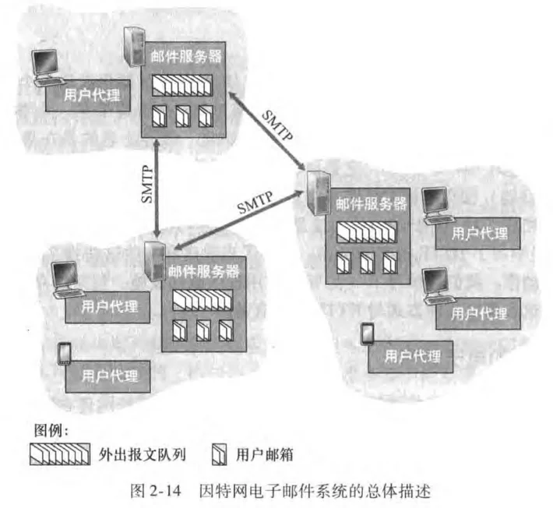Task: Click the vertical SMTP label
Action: click(147, 185)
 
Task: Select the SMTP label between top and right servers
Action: click(277, 125)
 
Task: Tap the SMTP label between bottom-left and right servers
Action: click(255, 203)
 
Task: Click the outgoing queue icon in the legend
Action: click(60, 454)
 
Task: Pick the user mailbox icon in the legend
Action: click(220, 454)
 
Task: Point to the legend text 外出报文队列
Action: click(142, 455)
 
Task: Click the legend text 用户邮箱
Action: click(265, 455)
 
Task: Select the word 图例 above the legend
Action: click(48, 430)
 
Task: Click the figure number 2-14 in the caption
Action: click(165, 491)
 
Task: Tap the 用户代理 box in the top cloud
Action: click(88, 95)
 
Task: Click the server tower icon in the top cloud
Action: click(135, 46)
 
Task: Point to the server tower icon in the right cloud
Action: click(319, 192)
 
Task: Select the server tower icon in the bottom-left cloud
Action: click(155, 261)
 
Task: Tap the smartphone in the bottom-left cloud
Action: click(65, 353)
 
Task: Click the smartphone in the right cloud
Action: click(368, 333)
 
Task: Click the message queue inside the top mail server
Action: click(182, 86)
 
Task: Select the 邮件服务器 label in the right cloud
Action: click(371, 204)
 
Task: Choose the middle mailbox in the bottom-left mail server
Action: click(203, 330)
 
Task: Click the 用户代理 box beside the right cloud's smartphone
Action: click(410, 357)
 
